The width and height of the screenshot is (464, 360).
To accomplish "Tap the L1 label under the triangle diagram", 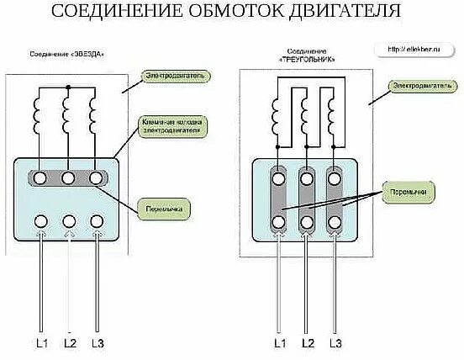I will pyautogui.click(x=280, y=342).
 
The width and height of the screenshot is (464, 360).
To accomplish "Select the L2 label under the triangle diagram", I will pyautogui.click(x=308, y=342).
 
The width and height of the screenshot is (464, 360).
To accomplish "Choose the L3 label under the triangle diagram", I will pyautogui.click(x=335, y=342).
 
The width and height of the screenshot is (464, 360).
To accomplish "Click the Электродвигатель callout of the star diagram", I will pyautogui.click(x=174, y=76).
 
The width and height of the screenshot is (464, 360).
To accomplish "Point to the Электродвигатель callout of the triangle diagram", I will pyautogui.click(x=424, y=86).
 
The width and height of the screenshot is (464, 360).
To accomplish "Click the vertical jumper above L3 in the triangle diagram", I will pyautogui.click(x=335, y=199).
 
